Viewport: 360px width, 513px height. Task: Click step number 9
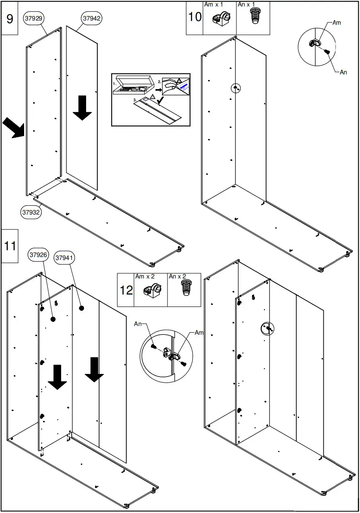(9, 19)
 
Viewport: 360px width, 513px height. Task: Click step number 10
(195, 17)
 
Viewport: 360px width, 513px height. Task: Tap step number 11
(9, 246)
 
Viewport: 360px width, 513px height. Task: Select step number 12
(126, 290)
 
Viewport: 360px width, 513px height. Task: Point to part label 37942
(91, 19)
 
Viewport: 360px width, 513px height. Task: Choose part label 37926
(39, 255)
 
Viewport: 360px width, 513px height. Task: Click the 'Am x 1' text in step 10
(214, 4)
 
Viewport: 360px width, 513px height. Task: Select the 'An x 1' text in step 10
(246, 4)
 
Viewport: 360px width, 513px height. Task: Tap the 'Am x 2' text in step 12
(145, 276)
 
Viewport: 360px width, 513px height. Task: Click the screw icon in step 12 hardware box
(186, 288)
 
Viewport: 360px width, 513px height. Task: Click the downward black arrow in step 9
(82, 108)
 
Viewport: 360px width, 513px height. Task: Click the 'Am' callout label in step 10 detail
(337, 23)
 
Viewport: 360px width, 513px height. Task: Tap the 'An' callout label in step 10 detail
(343, 72)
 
